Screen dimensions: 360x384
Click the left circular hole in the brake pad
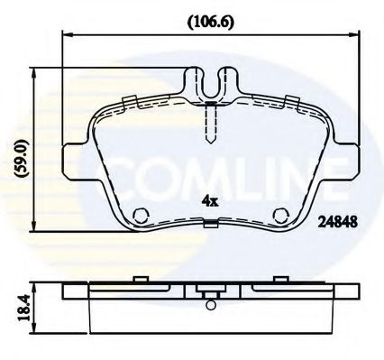(x=140, y=217)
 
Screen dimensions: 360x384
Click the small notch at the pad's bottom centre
(x=209, y=226)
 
